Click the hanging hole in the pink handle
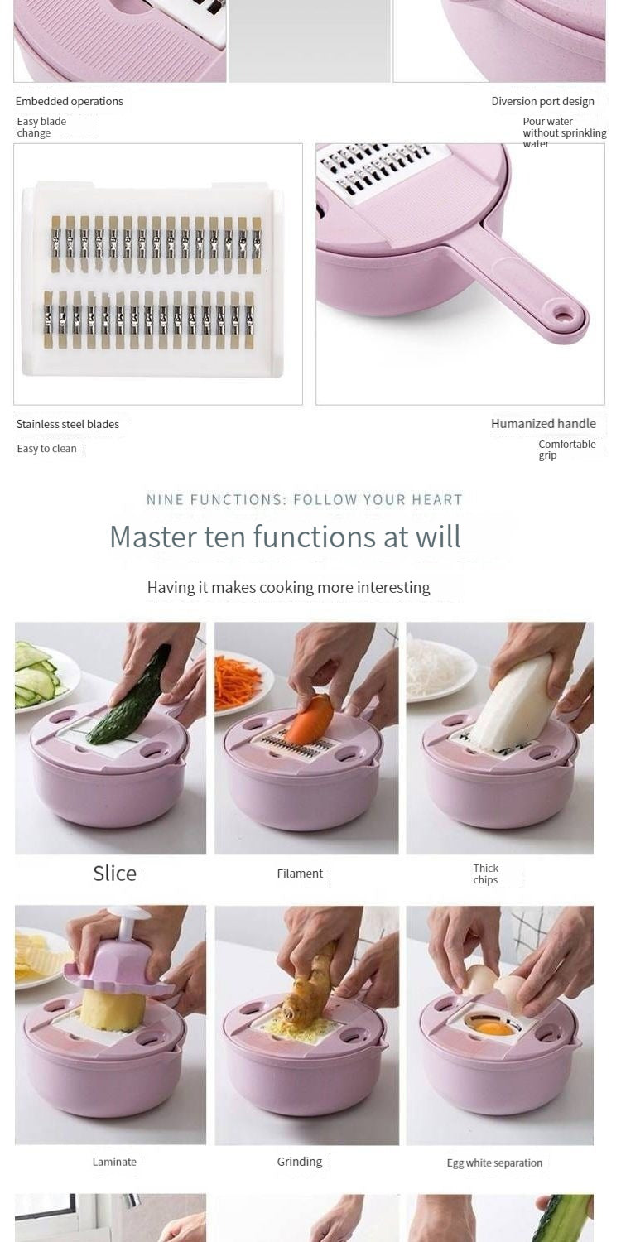point(564,315)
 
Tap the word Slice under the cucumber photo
point(114,873)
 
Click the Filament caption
point(300,874)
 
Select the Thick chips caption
point(485,874)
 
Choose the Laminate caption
point(114,1162)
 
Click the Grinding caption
point(300,1162)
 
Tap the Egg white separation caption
point(494,1163)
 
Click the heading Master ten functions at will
point(285,537)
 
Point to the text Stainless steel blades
point(68,424)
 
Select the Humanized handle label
point(543,423)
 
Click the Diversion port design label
point(542,101)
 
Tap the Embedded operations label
point(70,101)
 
